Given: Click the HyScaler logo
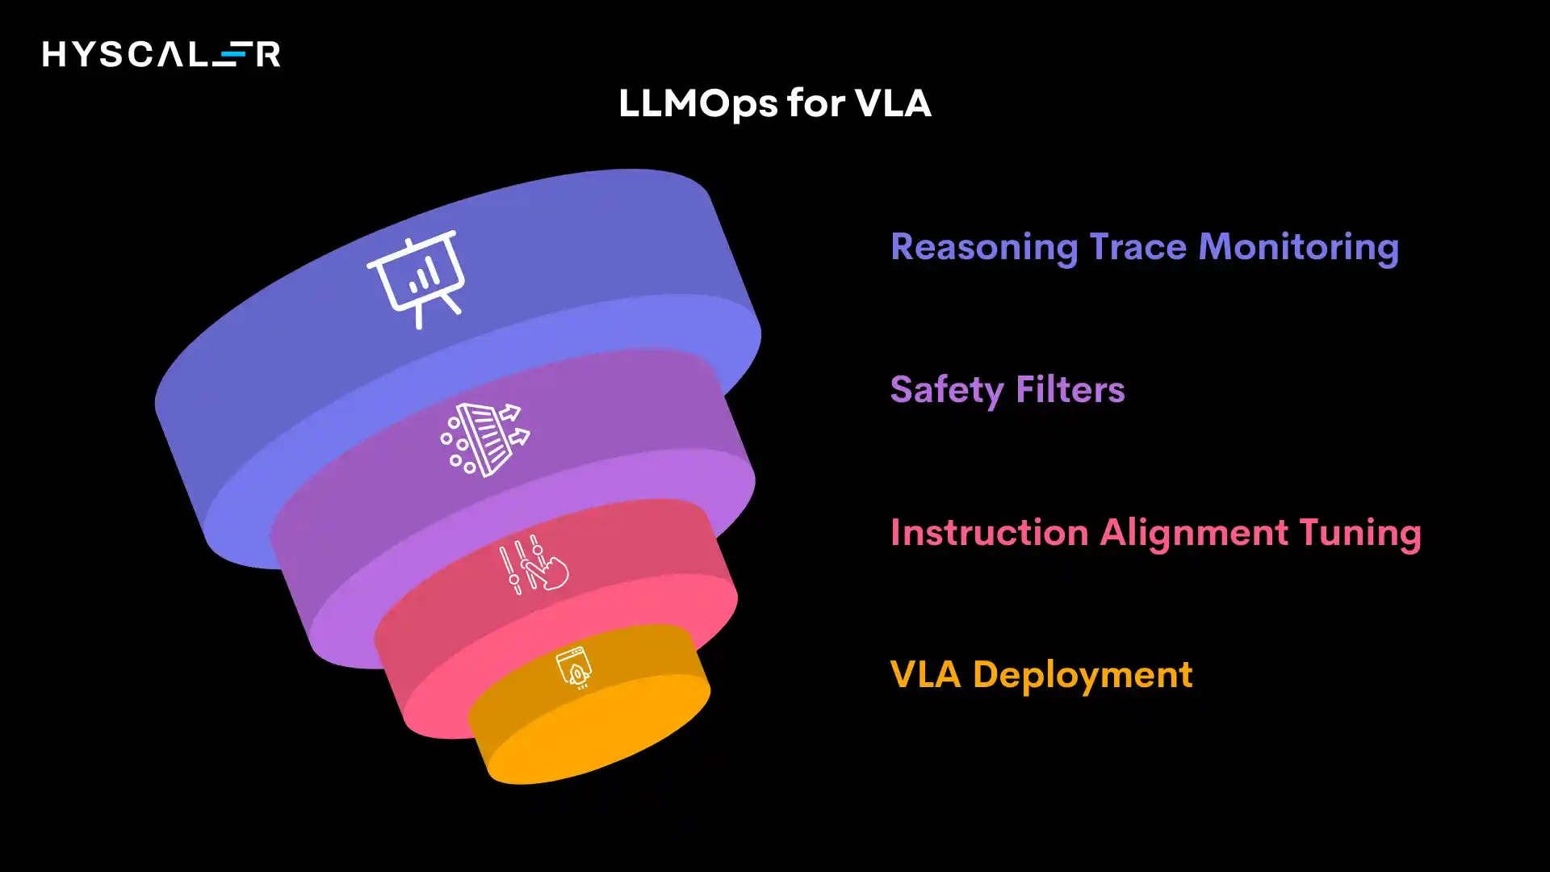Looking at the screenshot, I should [x=161, y=54].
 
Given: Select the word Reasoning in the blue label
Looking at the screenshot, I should [x=983, y=247].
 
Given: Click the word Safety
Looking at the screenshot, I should [x=946, y=390].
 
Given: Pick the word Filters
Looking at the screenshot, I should [x=1070, y=390].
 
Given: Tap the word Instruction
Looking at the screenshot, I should [x=989, y=533].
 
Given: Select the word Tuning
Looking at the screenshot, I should [x=1360, y=533].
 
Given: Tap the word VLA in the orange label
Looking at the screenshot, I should [x=925, y=675].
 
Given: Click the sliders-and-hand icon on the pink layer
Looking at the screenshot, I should [x=533, y=564].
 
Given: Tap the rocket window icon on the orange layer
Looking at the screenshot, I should [x=574, y=668].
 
